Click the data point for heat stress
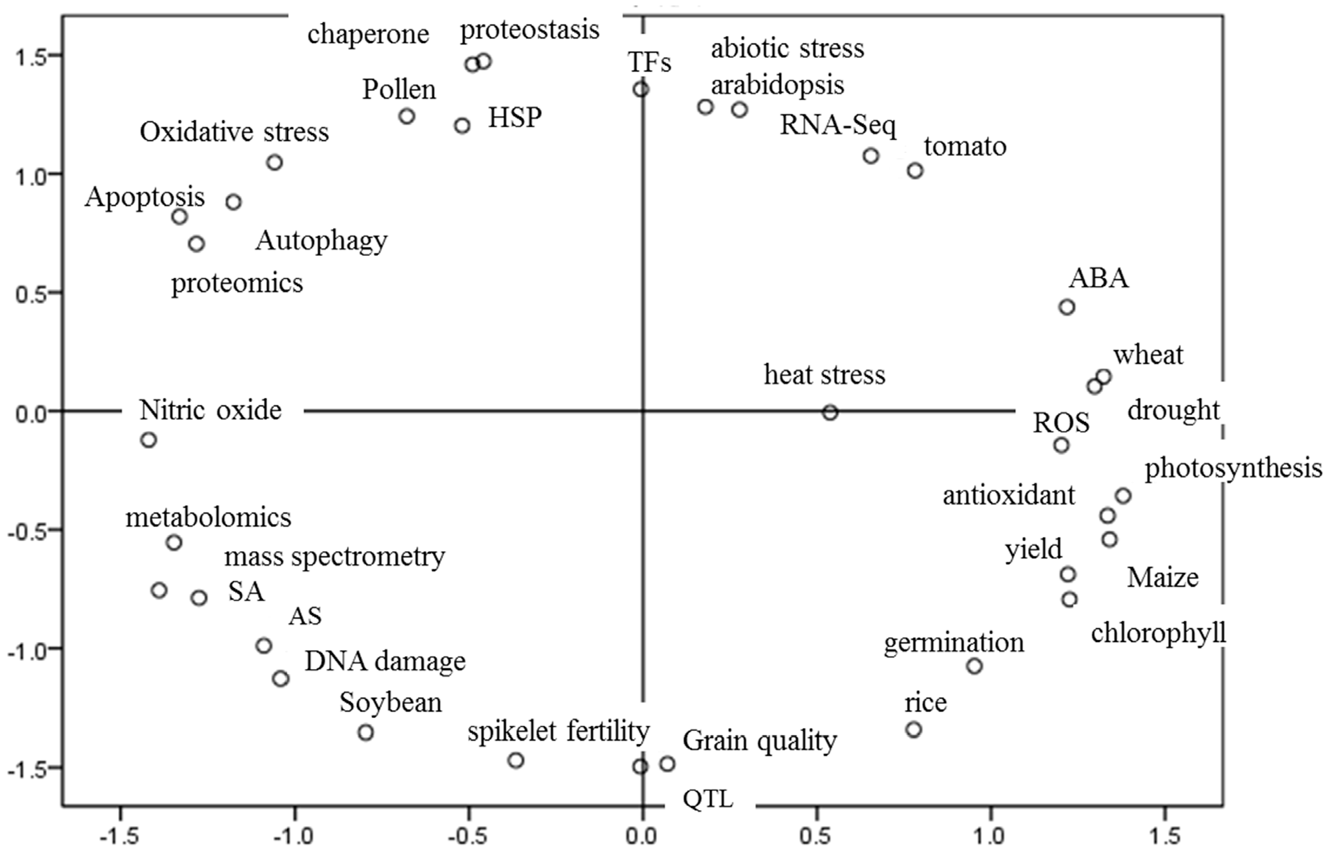[x=830, y=413]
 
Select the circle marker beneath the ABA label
[x=1067, y=307]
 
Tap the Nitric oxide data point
[x=149, y=440]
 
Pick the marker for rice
[x=914, y=729]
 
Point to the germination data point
[x=974, y=666]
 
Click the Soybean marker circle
[x=366, y=732]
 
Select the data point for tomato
[x=915, y=171]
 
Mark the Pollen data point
[x=407, y=116]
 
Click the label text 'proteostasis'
[x=529, y=30]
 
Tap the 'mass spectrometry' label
[x=334, y=557]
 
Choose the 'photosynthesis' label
[x=1233, y=468]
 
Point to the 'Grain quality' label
[x=760, y=740]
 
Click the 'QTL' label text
[x=708, y=800]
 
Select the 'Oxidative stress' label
[x=234, y=132]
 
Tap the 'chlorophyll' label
[x=1158, y=633]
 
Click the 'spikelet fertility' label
[x=558, y=731]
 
